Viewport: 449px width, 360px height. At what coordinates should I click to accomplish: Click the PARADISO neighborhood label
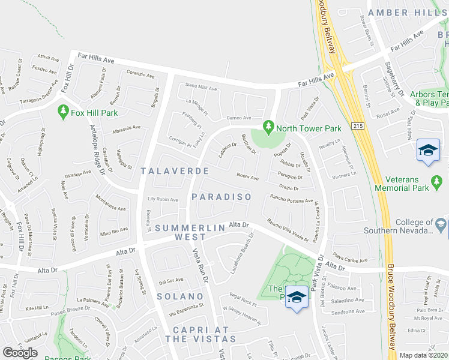click(221, 197)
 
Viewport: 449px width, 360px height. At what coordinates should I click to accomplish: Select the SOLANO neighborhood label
click(180, 296)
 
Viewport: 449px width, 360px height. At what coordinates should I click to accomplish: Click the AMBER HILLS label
click(408, 13)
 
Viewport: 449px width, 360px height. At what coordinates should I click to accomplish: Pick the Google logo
click(20, 352)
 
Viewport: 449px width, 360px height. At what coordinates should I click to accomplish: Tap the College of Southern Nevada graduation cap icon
click(441, 224)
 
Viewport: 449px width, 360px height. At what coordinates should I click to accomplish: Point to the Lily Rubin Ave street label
click(163, 199)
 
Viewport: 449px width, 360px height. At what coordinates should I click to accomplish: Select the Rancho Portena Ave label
click(292, 199)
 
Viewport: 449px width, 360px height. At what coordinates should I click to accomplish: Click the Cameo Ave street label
click(238, 118)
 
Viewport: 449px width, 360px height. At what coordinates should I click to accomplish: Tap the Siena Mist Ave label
click(201, 88)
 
